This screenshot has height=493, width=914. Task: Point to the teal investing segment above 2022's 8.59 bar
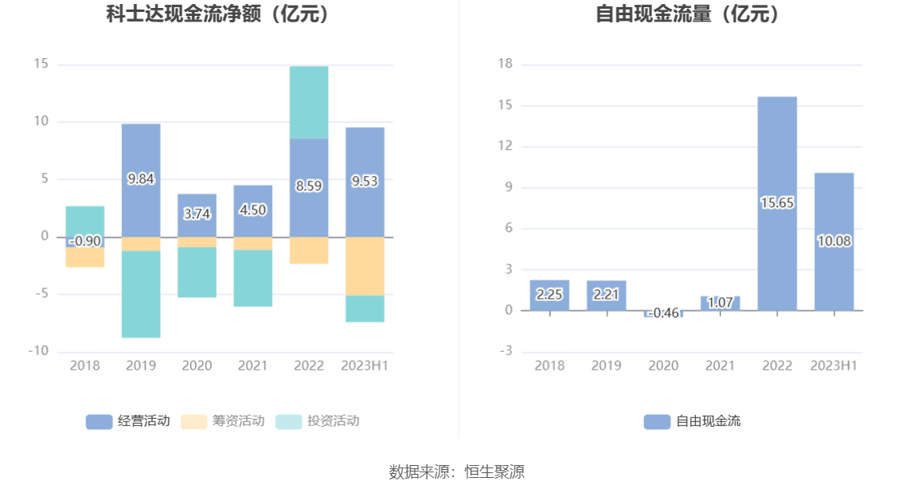309,102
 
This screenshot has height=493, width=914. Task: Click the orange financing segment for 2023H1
365,266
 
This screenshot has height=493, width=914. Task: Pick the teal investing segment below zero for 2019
141,294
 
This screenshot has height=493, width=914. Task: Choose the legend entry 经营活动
128,421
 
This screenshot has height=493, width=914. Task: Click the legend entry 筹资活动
223,421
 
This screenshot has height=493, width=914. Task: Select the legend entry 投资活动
318,421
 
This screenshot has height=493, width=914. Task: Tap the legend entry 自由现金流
692,421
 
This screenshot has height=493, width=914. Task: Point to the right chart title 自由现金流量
687,14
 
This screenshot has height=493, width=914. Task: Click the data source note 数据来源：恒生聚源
457,471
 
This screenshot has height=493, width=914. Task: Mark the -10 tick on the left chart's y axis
39,351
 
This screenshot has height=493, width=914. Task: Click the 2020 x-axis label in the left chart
197,366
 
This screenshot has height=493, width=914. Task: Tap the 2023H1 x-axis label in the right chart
834,366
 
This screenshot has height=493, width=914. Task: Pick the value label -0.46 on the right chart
663,313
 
